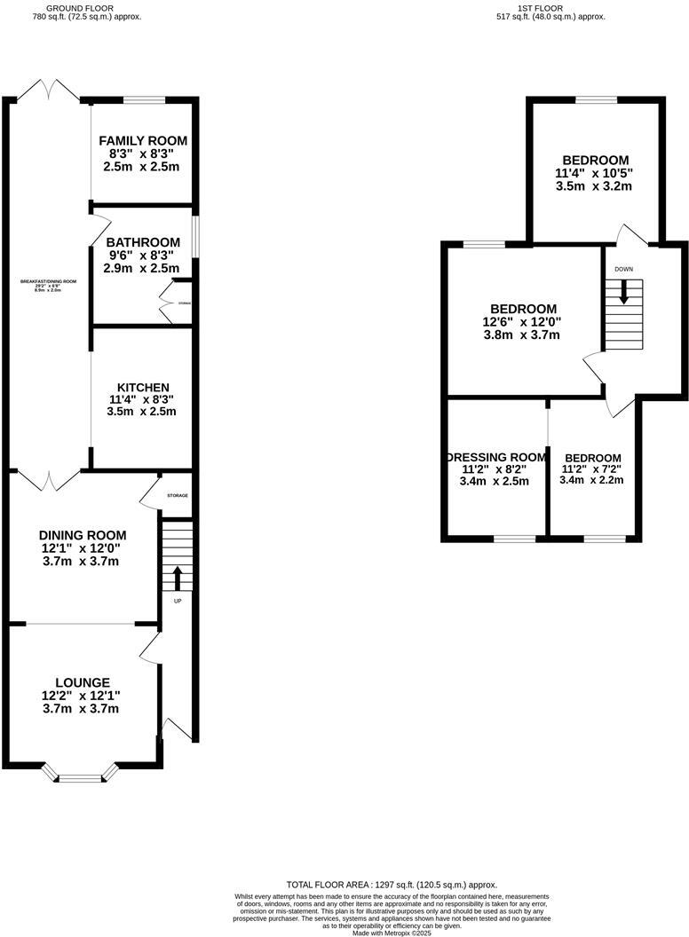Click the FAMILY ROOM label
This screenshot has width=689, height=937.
(x=143, y=141)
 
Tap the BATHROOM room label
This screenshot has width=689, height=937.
(x=143, y=242)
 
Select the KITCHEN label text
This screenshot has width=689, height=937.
(x=143, y=388)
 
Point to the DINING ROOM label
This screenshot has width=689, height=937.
(x=83, y=535)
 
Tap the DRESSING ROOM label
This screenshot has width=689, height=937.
(x=495, y=457)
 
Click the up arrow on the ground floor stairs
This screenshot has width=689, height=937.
(x=176, y=578)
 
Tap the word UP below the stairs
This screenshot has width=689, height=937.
(x=177, y=602)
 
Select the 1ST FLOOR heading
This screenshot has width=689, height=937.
(x=550, y=8)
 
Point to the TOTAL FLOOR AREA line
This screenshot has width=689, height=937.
(x=392, y=885)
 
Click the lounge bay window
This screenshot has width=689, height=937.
(x=81, y=777)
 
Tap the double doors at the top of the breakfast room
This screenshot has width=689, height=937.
(x=51, y=91)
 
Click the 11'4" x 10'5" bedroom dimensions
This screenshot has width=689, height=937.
(x=593, y=174)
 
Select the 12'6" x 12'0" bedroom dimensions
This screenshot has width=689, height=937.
(x=521, y=322)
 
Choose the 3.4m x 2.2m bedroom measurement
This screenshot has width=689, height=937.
(x=592, y=480)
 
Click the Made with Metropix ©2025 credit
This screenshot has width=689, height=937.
(x=392, y=933)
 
